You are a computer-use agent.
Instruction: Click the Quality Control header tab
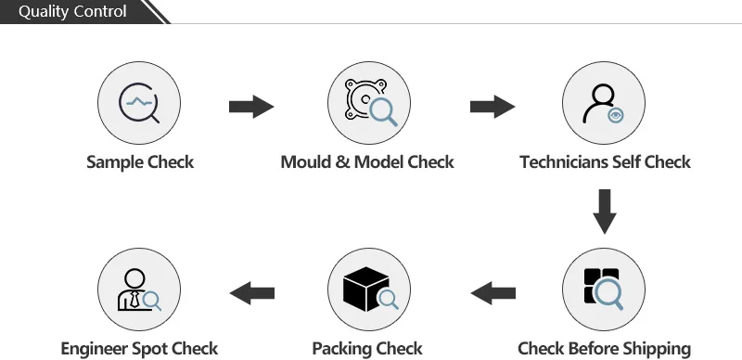74,12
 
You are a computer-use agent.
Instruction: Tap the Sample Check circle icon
140,102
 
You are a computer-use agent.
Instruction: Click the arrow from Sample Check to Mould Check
251,107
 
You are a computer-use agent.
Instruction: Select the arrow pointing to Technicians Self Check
493,107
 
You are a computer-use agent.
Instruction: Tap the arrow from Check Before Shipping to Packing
493,294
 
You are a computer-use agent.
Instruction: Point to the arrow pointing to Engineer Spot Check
251,294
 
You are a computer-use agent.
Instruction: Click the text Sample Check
140,162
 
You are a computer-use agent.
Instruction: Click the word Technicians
561,162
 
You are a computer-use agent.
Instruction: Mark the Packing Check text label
367,350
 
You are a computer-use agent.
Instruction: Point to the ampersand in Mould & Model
340,162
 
